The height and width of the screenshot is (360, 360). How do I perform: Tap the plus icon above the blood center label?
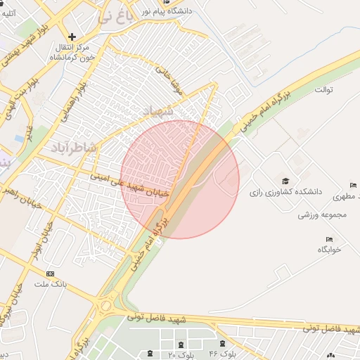tap(72, 37)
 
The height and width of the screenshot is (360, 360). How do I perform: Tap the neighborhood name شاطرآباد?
tap(72, 147)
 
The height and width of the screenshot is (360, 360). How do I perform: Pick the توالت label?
tap(323, 90)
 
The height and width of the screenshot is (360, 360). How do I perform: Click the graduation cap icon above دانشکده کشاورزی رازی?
tap(285, 181)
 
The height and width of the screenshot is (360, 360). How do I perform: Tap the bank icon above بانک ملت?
tap(50, 274)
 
